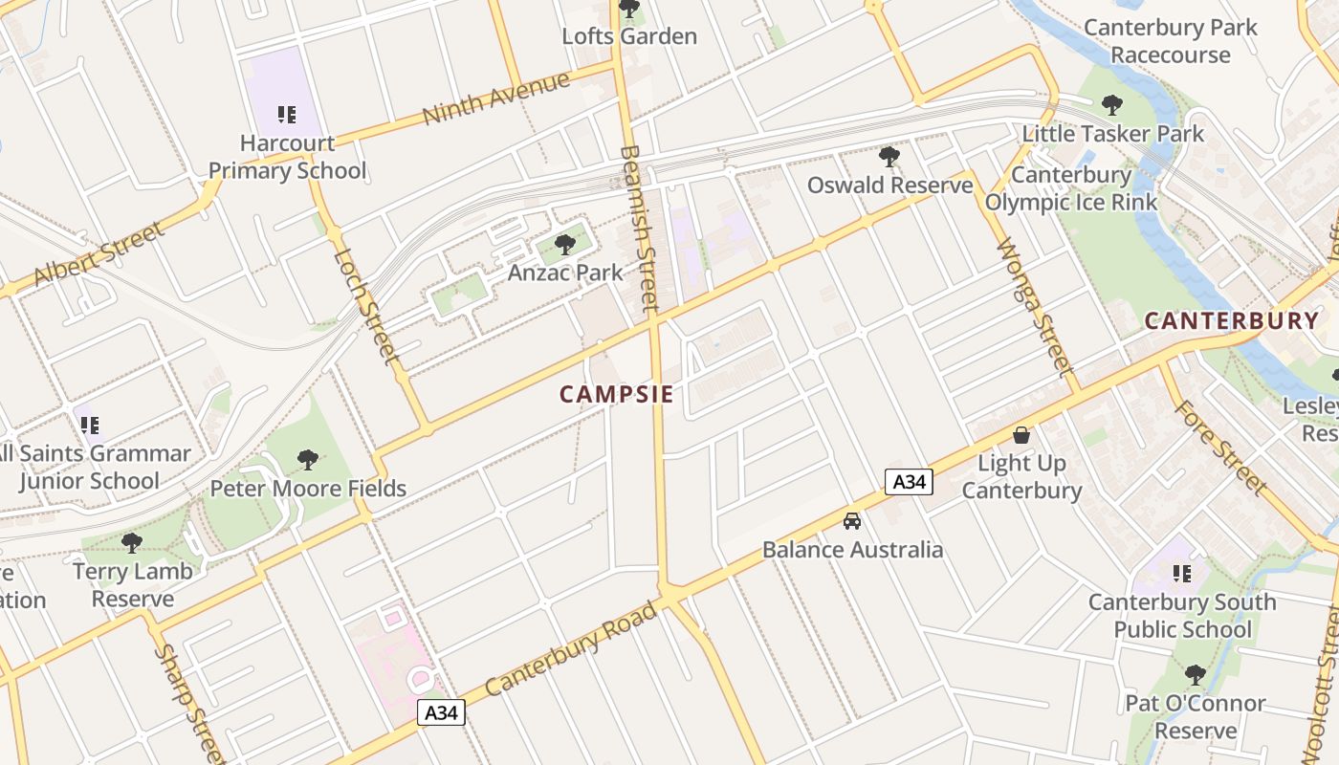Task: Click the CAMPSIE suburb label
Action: (x=616, y=394)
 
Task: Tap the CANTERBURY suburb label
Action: (x=1232, y=320)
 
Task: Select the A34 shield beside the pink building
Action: (x=441, y=712)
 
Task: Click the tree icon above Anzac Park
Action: (x=565, y=245)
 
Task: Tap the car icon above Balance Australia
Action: (x=851, y=521)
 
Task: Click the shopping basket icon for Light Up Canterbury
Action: (x=1021, y=435)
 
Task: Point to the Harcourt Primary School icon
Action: (x=286, y=115)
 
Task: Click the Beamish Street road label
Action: (x=637, y=228)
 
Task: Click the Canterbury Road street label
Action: (x=572, y=648)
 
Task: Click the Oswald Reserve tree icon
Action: (x=889, y=157)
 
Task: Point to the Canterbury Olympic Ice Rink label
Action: (x=1071, y=188)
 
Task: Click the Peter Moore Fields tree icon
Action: (x=307, y=460)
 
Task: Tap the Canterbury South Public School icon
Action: (x=1182, y=574)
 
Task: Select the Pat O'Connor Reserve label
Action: (x=1196, y=717)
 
